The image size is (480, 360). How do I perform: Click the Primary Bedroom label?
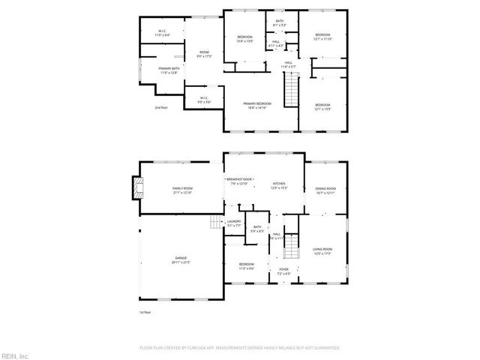[x=259, y=105]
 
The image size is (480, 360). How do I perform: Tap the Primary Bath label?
[x=168, y=70]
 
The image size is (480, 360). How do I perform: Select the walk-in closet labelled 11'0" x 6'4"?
[x=162, y=34]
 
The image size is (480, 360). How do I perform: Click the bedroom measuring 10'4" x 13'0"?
[x=245, y=39]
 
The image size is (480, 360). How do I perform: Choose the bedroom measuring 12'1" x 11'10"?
[x=322, y=37]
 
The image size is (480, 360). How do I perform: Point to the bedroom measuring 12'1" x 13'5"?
[x=322, y=106]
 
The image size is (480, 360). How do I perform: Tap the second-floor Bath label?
[x=279, y=23]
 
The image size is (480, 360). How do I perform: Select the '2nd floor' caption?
[x=161, y=108]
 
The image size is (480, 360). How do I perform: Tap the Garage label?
[x=181, y=259]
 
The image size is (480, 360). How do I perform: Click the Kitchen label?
[x=279, y=184]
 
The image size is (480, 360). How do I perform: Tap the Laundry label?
[x=234, y=223]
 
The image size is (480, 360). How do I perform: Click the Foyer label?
[x=284, y=271]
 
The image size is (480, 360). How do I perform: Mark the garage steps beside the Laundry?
[x=217, y=223]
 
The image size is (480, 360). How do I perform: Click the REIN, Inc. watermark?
[x=15, y=355]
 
